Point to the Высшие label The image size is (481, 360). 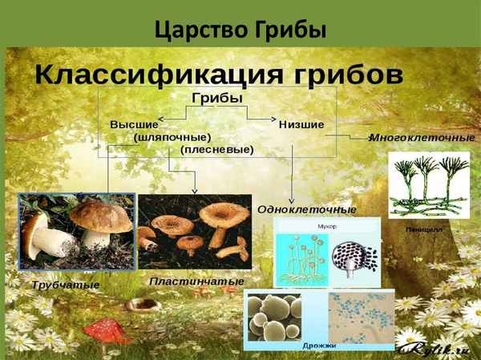(x=134, y=124)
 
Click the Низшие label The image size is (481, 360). (x=301, y=124)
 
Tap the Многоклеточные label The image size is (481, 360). (x=422, y=137)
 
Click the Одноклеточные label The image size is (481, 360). (x=307, y=209)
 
